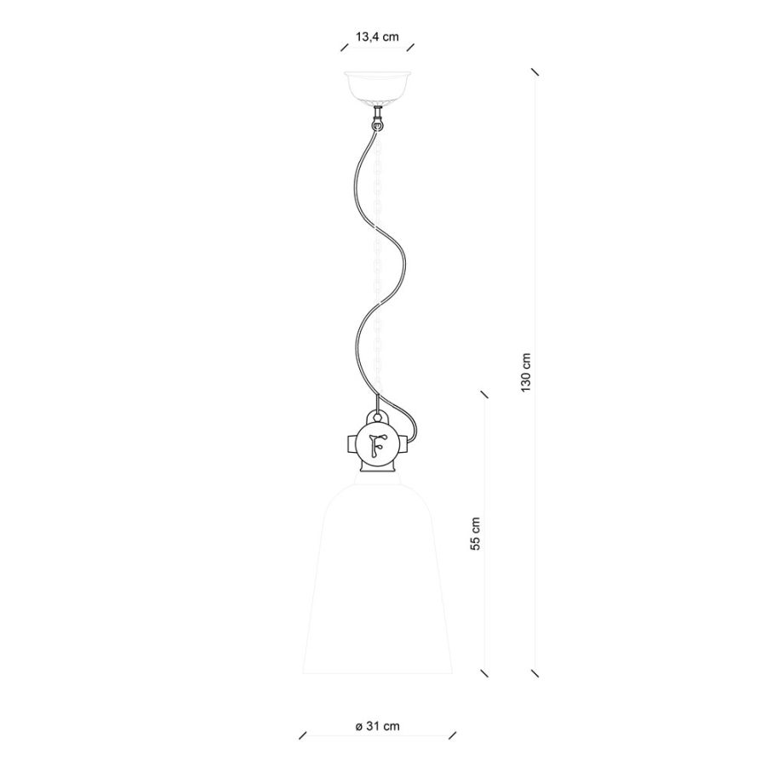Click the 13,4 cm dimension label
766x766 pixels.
tap(377, 37)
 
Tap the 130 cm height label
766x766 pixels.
tap(526, 372)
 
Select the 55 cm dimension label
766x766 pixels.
tap(475, 534)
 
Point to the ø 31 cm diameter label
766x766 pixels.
tap(377, 727)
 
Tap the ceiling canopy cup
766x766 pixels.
tap(377, 87)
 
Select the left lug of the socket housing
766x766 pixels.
tap(352, 444)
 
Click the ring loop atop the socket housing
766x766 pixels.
tap(377, 418)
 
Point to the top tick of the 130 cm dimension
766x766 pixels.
tap(535, 71)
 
